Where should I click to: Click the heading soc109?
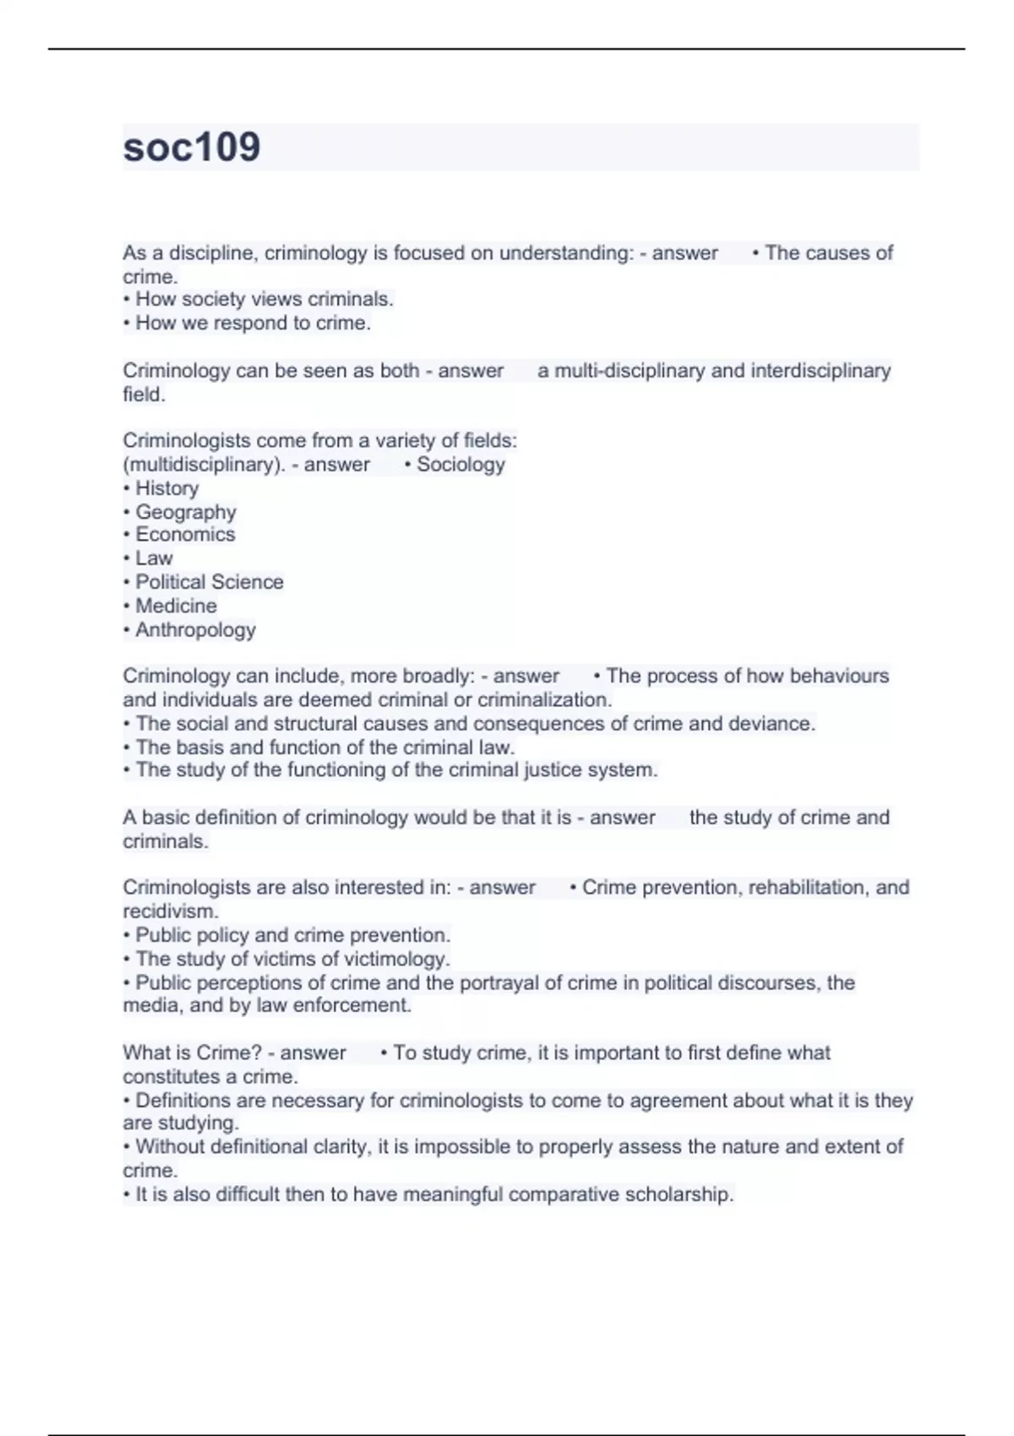click(192, 147)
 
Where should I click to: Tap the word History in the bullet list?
click(167, 488)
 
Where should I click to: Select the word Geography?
click(186, 512)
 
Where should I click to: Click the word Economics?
click(185, 535)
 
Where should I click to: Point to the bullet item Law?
click(154, 558)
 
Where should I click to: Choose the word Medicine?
click(176, 606)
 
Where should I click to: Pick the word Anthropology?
click(195, 629)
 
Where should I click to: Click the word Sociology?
click(461, 464)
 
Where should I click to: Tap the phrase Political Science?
click(210, 582)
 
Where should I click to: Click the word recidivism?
click(169, 911)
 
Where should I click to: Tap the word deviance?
click(774, 723)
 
